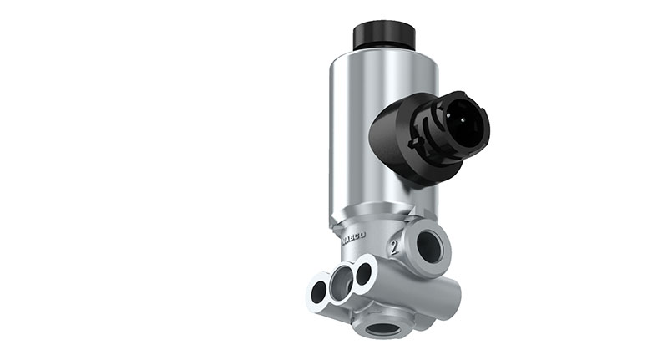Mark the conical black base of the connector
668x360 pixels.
pyautogui.click(x=392, y=150)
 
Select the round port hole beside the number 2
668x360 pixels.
pyautogui.click(x=429, y=246)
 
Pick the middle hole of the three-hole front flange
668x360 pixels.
pyautogui.click(x=342, y=283)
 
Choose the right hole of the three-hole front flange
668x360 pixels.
pyautogui.click(x=363, y=273)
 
